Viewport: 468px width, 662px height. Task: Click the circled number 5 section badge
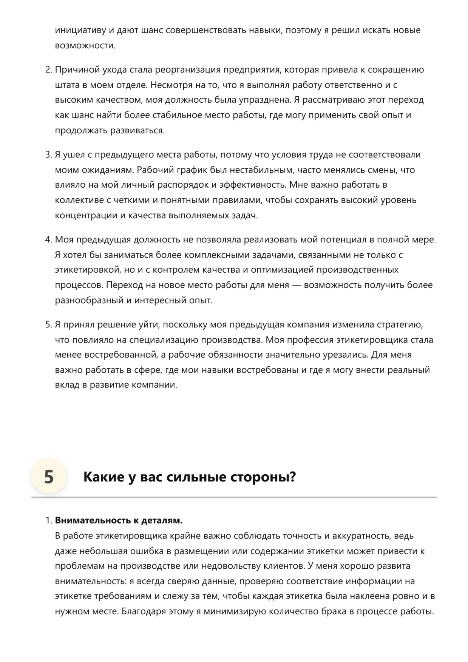pyautogui.click(x=49, y=477)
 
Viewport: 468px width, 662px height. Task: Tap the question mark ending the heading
pyautogui.click(x=292, y=477)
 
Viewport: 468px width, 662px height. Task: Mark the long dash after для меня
pyautogui.click(x=296, y=285)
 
